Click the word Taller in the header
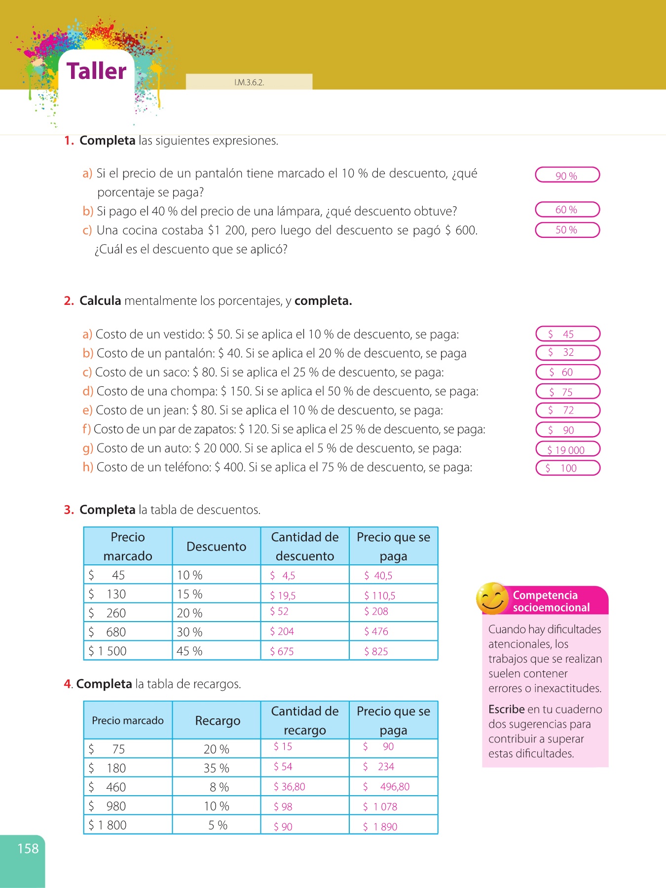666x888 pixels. [x=97, y=71]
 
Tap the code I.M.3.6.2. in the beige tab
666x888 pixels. [x=249, y=82]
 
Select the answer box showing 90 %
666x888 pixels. [x=567, y=175]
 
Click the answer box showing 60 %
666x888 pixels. [x=567, y=210]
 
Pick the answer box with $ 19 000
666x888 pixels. [x=568, y=449]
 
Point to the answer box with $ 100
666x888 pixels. [x=568, y=468]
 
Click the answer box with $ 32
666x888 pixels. [x=568, y=352]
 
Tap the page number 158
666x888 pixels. [x=28, y=849]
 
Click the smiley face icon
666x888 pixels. [x=491, y=599]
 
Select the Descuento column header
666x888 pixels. [x=216, y=547]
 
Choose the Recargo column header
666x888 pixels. [x=217, y=721]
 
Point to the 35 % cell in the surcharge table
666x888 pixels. [x=216, y=768]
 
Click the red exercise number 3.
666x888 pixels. [x=69, y=510]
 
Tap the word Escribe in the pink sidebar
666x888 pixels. [x=506, y=709]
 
